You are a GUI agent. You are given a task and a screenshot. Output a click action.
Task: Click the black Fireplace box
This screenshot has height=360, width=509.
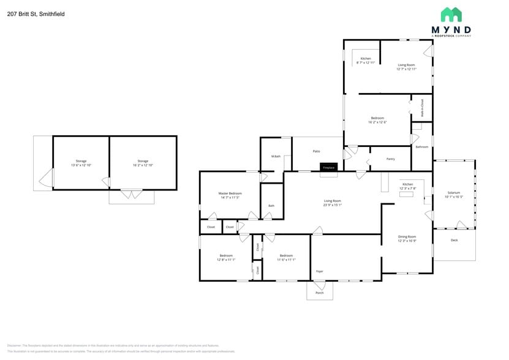pos(328,167)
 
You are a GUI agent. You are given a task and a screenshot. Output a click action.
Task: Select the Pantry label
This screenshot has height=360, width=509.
pos(390,159)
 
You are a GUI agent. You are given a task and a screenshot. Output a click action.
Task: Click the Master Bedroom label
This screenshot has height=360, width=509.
pos(230,193)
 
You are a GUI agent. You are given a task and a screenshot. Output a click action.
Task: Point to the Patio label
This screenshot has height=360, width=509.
pos(317,151)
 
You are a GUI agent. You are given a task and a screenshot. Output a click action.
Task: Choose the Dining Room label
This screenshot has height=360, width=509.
pos(407,236)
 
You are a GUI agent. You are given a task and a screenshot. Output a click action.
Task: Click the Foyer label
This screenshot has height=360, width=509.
pos(319,271)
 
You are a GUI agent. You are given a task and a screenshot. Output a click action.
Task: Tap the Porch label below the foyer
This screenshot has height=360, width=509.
pos(319,293)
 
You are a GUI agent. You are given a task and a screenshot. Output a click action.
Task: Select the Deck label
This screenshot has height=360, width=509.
pos(454,240)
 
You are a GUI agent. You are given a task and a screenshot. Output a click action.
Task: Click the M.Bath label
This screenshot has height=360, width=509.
pos(276,157)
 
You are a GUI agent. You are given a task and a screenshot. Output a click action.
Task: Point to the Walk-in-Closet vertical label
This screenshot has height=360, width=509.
pos(422,108)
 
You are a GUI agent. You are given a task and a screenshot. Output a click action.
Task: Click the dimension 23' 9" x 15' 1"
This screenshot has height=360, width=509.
pos(333,205)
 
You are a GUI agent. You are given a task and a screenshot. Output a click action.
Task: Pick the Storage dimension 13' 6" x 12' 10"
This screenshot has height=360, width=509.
pos(81,165)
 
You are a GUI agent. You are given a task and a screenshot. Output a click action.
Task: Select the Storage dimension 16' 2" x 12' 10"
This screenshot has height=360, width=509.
pos(143,165)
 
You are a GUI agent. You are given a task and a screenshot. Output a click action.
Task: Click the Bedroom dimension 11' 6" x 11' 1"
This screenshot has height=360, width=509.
pos(286,260)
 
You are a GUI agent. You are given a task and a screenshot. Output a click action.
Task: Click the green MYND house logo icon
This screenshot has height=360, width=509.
pos(451,15)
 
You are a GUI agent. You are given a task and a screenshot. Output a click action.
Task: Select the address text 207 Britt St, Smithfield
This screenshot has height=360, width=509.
pos(36,13)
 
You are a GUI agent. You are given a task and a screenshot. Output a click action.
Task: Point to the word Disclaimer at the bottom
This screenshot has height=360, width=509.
pos(17,345)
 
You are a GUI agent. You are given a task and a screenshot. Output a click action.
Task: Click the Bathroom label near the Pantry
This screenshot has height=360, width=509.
pos(421,147)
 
